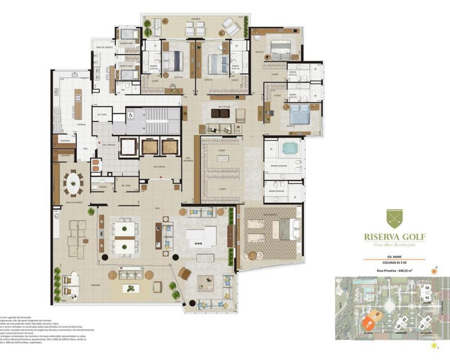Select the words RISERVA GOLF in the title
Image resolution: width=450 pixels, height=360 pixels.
[394, 238]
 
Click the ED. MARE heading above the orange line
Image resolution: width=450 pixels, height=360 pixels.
[395, 257]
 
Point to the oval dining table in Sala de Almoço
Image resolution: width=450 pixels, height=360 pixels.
[73, 183]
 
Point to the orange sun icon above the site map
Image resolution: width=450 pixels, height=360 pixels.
[434, 271]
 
